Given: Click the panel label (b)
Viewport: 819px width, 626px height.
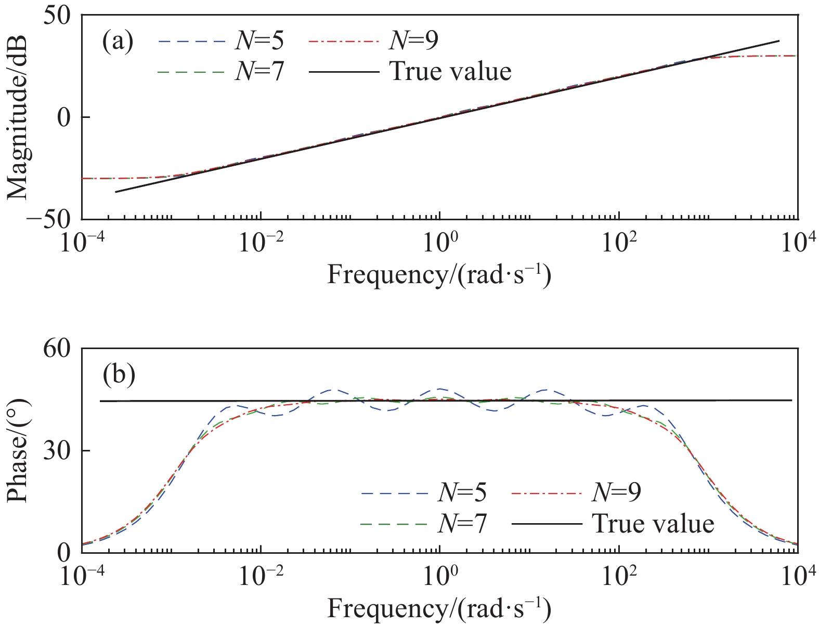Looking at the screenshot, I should tap(119, 374).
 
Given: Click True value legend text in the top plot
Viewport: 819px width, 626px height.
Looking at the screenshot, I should tap(450, 71).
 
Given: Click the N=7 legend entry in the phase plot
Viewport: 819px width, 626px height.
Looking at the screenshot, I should tap(462, 523).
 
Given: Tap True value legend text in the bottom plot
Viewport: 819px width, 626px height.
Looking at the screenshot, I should tap(653, 523).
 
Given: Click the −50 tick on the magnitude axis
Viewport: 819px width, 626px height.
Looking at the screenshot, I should tap(53, 219).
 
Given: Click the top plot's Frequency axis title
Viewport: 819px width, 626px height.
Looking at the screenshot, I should tap(439, 274).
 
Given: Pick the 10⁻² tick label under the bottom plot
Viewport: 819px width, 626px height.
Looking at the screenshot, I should tap(260, 577).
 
